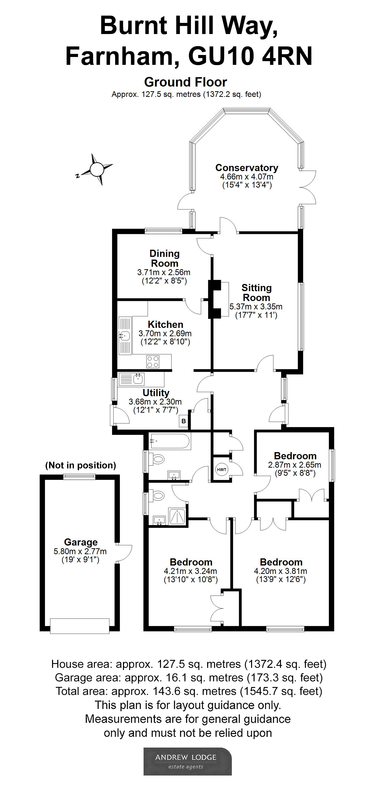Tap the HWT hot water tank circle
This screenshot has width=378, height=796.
coord(221,470)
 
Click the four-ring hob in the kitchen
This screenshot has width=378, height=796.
coord(153,362)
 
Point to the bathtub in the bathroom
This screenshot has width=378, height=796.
coord(169,441)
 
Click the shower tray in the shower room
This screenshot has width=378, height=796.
coord(177,516)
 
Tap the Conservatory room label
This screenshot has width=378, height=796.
coord(247,168)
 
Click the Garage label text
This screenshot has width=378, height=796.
coord(81,542)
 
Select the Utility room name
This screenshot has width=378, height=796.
coord(156,393)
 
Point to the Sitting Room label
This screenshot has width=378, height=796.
coord(257,293)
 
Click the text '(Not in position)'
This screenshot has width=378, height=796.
coord(80,465)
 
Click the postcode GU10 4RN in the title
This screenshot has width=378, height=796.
coord(250,56)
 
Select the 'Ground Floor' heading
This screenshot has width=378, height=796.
coord(186,82)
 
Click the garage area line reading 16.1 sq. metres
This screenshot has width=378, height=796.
coord(189,678)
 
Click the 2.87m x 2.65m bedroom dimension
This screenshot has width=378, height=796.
coord(294,465)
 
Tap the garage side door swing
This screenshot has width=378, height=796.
coord(125,553)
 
